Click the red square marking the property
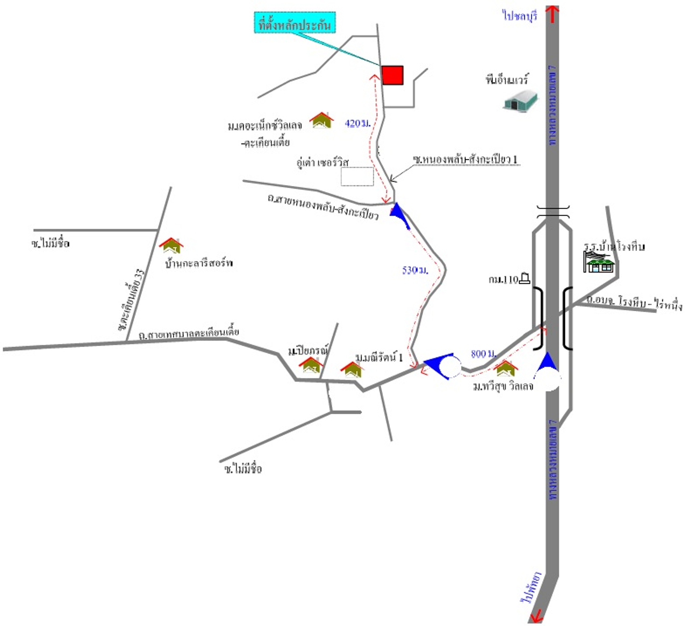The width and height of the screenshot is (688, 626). click(392, 75)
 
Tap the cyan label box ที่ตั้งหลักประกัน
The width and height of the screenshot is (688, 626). click(295, 23)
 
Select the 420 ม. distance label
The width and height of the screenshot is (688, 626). click(357, 124)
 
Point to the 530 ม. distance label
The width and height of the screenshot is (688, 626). click(415, 270)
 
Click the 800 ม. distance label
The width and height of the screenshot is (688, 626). click(483, 353)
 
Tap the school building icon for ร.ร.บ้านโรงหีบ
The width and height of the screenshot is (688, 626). click(599, 262)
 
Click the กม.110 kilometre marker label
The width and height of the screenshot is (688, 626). click(508, 279)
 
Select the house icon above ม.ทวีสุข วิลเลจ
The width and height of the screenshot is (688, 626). click(506, 368)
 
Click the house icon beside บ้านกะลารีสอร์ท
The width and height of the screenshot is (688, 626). click(171, 246)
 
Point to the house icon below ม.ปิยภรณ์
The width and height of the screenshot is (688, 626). click(311, 365)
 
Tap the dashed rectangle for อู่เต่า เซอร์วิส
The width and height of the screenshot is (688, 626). click(357, 176)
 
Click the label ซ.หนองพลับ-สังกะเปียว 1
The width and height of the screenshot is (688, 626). click(465, 159)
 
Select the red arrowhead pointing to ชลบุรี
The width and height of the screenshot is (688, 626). click(552, 13)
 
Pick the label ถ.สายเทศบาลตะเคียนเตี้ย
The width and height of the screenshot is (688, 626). click(188, 333)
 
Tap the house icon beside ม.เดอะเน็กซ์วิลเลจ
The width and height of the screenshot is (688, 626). click(321, 120)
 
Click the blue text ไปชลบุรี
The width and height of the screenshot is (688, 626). click(520, 16)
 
